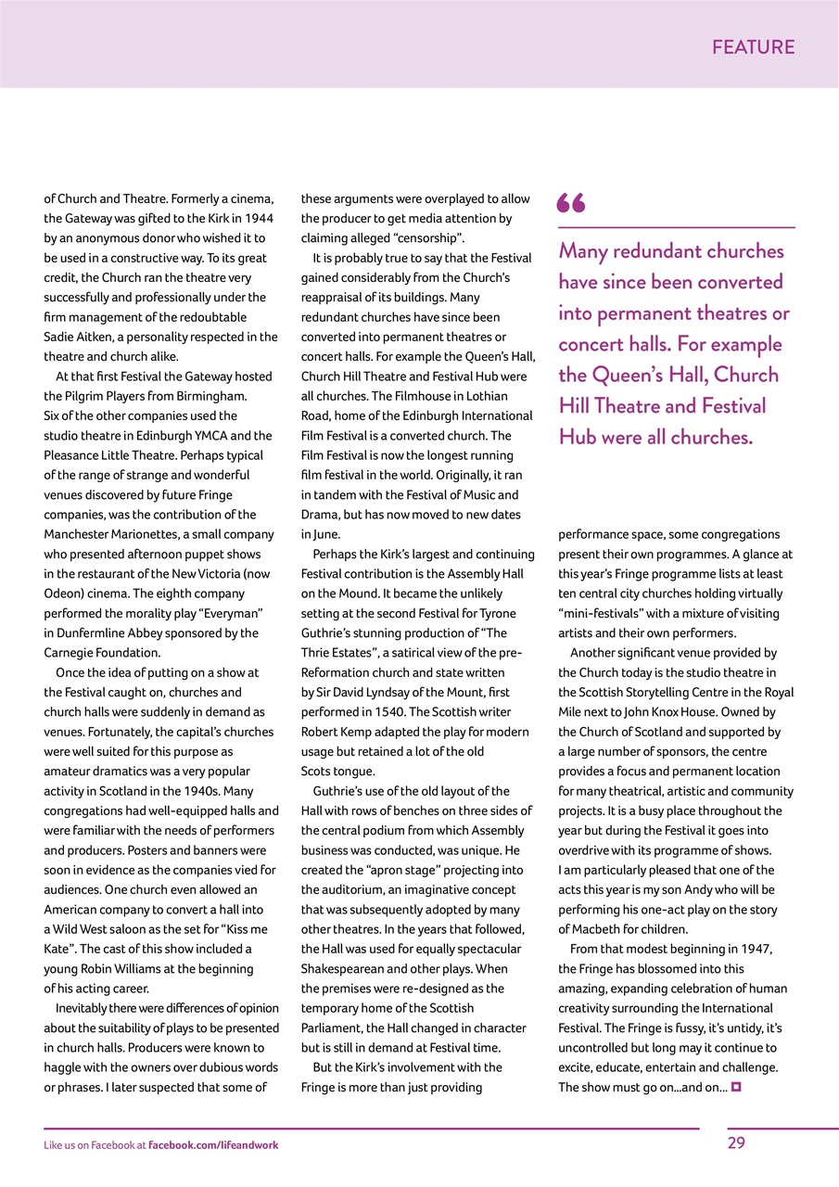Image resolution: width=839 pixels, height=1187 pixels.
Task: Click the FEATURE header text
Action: [x=753, y=47]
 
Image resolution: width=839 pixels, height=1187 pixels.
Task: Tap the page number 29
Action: [x=736, y=1143]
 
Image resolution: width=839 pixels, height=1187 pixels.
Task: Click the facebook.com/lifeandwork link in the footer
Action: [x=213, y=1145]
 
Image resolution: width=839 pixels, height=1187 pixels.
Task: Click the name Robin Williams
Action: [x=116, y=968]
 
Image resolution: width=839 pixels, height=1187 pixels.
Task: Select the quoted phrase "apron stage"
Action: [x=387, y=870]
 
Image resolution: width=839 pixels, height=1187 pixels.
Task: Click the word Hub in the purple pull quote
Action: [x=578, y=437]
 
